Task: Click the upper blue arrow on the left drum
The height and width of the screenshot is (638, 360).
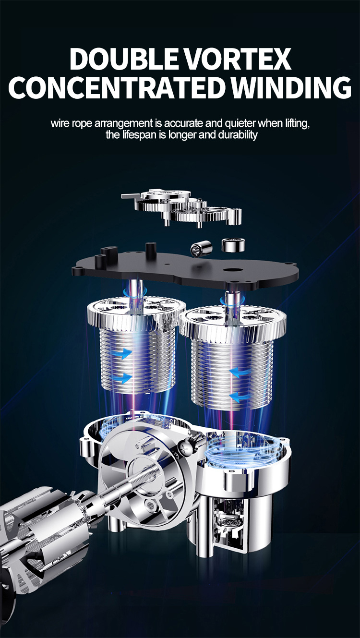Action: (x=125, y=354)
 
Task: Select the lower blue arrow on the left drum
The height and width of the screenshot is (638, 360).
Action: (x=125, y=379)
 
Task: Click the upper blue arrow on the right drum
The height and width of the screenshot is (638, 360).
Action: (x=238, y=372)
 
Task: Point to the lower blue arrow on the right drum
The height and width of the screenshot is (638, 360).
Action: (x=238, y=396)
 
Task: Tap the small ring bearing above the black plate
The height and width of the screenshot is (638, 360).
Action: (x=233, y=245)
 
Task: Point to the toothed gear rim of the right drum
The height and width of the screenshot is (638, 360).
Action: (x=232, y=321)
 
